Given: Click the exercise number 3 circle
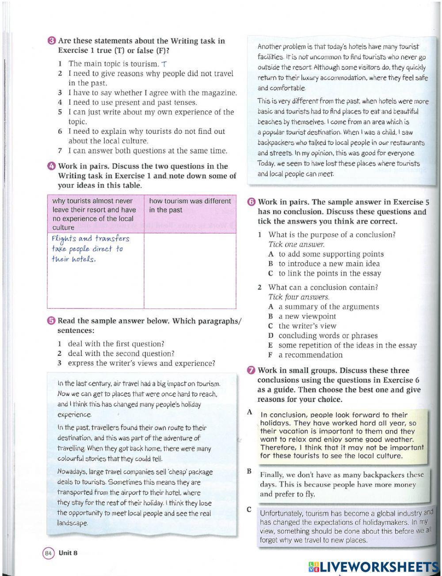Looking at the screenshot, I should [x=52, y=41].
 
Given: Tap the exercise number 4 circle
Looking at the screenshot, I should [x=52, y=167].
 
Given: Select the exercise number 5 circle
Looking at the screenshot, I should [x=52, y=321].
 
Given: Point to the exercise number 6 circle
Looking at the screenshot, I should [x=251, y=202].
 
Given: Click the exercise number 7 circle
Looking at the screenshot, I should [x=251, y=370].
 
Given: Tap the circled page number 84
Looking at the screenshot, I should [x=48, y=553].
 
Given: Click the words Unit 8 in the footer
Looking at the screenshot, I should [x=68, y=553].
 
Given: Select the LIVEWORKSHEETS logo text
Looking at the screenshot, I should [x=373, y=567].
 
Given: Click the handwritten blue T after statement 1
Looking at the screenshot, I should [x=164, y=64].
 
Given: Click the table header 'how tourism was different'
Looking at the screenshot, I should [x=190, y=201].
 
